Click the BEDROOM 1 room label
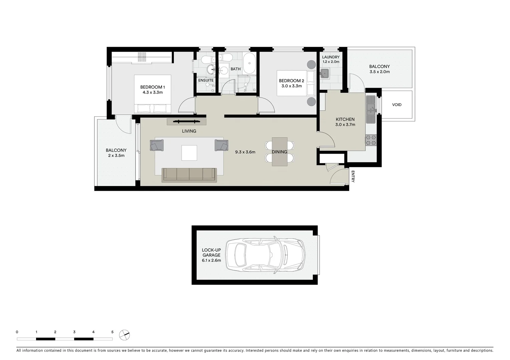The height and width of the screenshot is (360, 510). click(152, 87)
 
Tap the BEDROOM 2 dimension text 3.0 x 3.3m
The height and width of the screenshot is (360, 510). click(291, 86)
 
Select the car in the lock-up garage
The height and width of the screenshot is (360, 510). click(265, 255)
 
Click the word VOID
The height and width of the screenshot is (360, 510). click(397, 105)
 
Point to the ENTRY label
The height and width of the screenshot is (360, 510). click(353, 176)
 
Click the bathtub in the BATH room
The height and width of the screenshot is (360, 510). click(249, 63)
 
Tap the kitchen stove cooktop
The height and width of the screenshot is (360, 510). click(371, 141)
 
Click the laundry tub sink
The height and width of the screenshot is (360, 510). click(325, 73)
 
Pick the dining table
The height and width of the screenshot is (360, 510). click(280, 152)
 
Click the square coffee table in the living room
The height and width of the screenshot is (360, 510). click(189, 153)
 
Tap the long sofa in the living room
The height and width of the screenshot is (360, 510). click(189, 175)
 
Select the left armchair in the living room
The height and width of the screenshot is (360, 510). click(157, 145)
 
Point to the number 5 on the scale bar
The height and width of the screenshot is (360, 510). click(112, 332)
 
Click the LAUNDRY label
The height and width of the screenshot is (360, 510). click(331, 57)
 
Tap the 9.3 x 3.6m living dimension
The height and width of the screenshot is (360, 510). click(245, 152)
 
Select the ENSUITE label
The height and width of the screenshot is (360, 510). click(206, 80)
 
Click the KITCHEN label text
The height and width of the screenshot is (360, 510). click(345, 119)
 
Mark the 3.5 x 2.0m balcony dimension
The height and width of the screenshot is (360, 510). click(380, 72)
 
